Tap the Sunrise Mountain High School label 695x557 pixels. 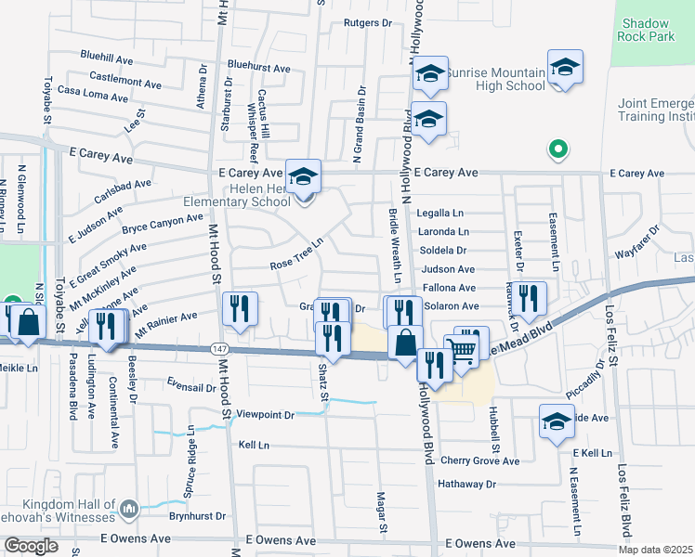pyautogui.click(x=495, y=80)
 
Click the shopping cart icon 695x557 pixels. pyautogui.click(x=460, y=350)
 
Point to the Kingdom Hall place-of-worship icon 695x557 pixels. pyautogui.click(x=129, y=508)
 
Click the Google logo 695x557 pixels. pyautogui.click(x=30, y=546)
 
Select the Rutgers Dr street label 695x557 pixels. pyautogui.click(x=368, y=22)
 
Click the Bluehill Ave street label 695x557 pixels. pyautogui.click(x=107, y=57)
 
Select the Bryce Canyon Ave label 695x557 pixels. pyautogui.click(x=162, y=224)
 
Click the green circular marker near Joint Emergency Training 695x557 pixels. pyautogui.click(x=557, y=148)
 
